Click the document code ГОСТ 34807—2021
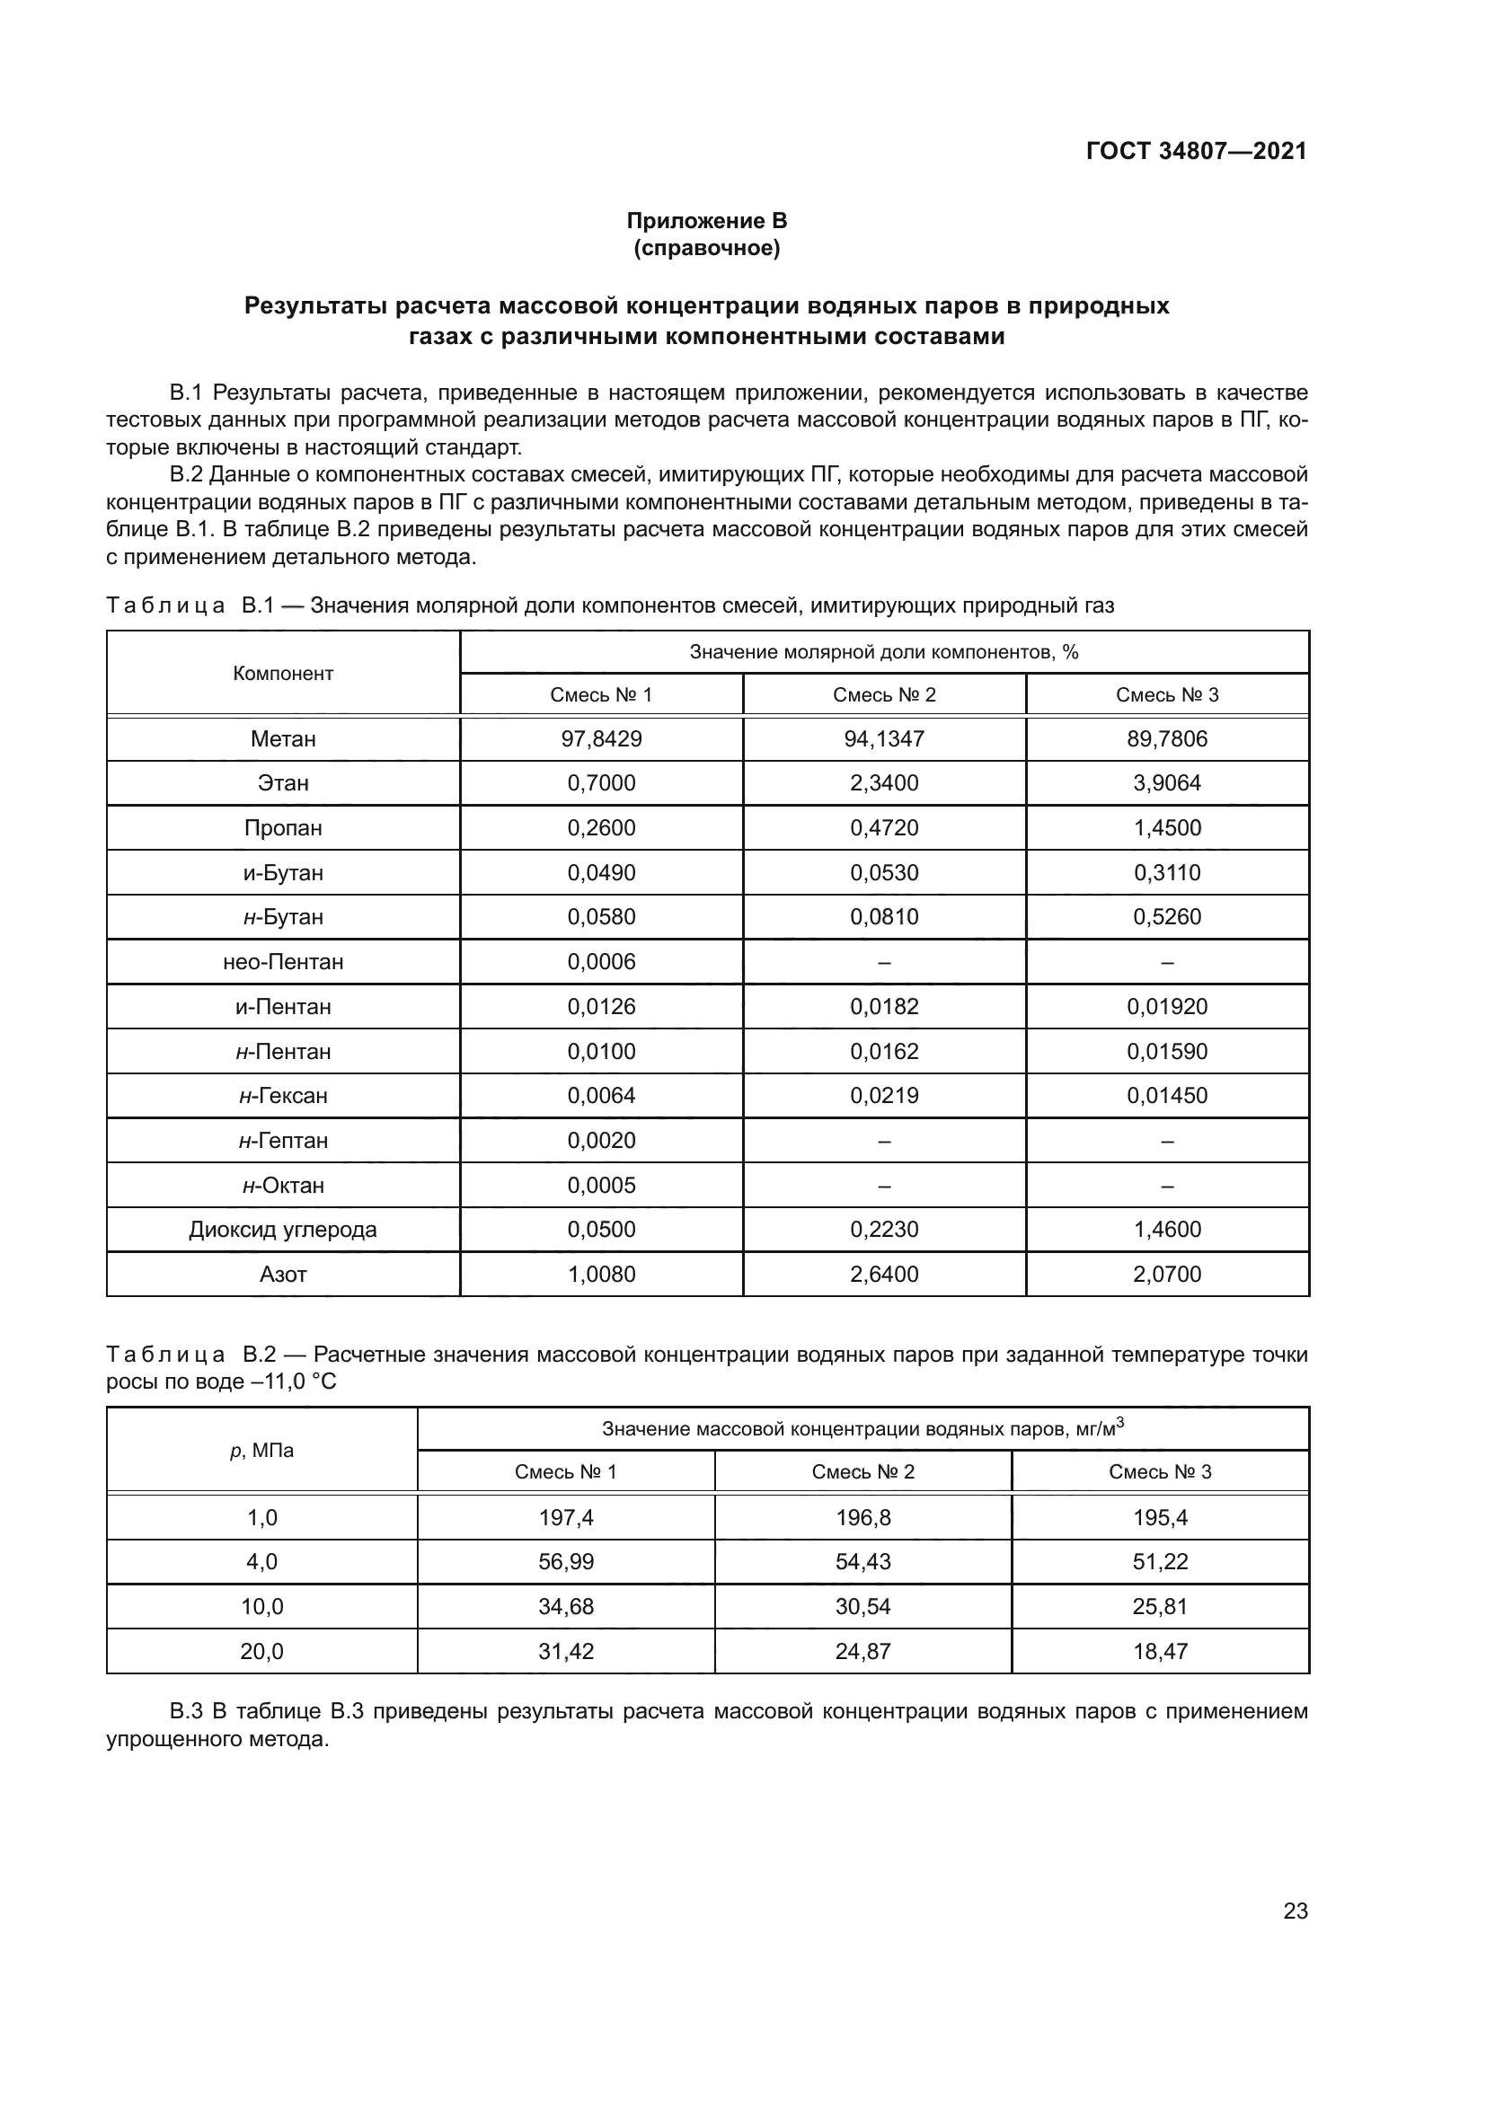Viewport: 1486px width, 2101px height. (x=1196, y=151)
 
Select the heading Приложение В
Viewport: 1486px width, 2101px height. (x=706, y=221)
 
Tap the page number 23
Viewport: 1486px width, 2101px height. (x=1295, y=1911)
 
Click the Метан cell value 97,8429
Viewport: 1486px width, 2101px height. (x=601, y=738)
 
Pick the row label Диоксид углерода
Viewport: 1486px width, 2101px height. (x=283, y=1229)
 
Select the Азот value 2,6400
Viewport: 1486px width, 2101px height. (x=884, y=1274)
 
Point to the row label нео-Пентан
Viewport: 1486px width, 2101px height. (x=283, y=962)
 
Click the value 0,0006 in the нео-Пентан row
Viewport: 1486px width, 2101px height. (x=601, y=962)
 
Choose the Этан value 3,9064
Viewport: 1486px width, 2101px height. (x=1167, y=783)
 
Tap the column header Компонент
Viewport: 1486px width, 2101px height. (x=283, y=674)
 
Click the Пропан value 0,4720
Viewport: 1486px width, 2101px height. (x=884, y=828)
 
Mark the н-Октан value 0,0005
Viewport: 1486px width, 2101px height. (x=601, y=1185)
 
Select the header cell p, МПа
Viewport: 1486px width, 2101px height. (x=261, y=1451)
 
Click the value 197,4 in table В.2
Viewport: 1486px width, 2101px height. (x=565, y=1518)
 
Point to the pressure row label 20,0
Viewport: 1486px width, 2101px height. (x=261, y=1652)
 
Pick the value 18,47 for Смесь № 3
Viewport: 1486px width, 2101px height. (x=1159, y=1652)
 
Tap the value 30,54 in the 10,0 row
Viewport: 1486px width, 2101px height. (x=862, y=1607)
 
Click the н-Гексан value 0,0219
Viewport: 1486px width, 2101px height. (x=884, y=1095)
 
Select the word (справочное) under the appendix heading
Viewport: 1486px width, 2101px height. (x=706, y=248)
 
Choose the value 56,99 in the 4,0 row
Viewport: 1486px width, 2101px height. (x=565, y=1562)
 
